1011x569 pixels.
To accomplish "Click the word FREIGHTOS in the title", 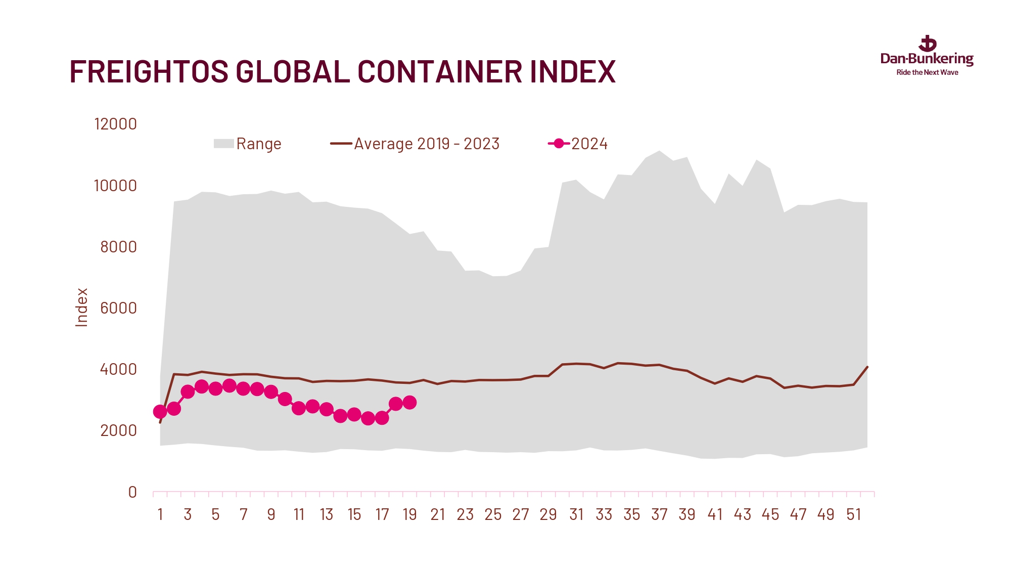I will pos(149,71).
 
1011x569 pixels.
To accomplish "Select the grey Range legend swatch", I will pos(223,144).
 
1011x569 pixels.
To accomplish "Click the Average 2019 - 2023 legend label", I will pos(427,144).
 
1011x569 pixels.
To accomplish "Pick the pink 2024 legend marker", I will pos(559,144).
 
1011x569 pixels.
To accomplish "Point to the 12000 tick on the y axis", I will pos(115,124).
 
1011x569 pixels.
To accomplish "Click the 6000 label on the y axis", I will pos(118,308).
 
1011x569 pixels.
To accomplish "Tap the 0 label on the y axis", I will pos(132,492).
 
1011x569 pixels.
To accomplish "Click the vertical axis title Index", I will pos(81,308).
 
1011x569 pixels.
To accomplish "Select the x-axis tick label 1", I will pos(160,514).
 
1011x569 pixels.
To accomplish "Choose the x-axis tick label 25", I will pos(493,514).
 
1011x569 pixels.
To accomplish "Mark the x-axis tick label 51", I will pos(853,514).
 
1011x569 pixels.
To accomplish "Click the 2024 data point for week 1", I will pos(160,412).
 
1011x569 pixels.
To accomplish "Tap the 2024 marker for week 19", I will pos(409,403).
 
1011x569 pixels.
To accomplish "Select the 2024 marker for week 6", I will pos(229,386).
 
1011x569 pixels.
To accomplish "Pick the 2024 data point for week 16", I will pos(368,418).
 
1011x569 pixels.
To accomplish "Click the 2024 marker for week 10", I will pos(285,399).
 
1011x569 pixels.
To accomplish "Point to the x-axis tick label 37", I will pos(659,514).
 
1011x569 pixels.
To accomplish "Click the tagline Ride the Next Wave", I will pos(927,72).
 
